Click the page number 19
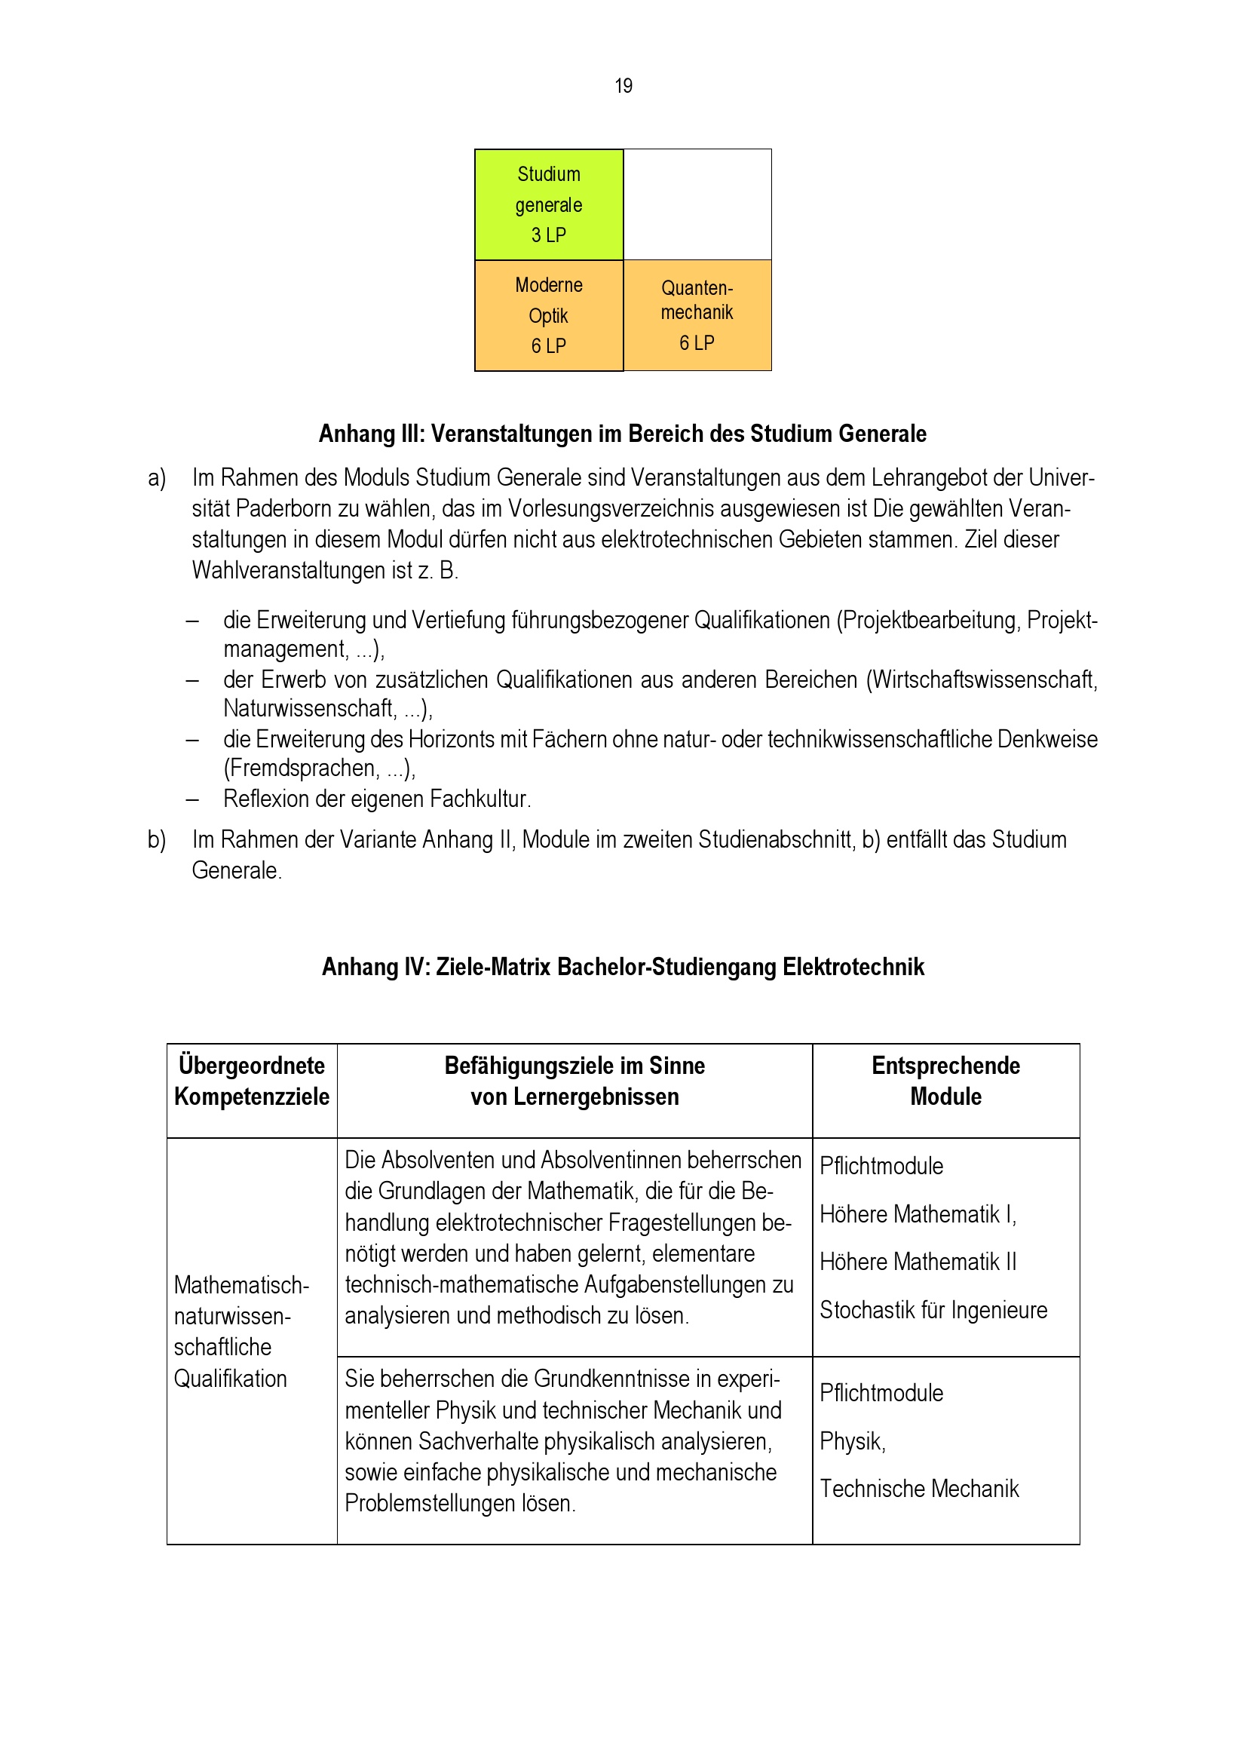coord(623,86)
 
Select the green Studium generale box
coord(548,204)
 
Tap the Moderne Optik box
coord(548,316)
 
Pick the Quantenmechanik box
coord(697,315)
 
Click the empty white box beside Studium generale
coord(697,204)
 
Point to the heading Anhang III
coord(622,434)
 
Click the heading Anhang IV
coord(622,967)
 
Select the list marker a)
coord(157,478)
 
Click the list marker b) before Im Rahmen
coord(157,839)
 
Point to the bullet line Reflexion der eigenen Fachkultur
coord(376,799)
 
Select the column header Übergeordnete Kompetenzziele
coord(252,1081)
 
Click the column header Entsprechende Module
coord(945,1081)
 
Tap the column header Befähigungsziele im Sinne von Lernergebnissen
coord(574,1081)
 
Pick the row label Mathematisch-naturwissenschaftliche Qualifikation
coord(241,1331)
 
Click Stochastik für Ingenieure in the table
coord(933,1310)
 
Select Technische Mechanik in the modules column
coord(919,1489)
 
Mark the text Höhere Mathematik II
coord(918,1262)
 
